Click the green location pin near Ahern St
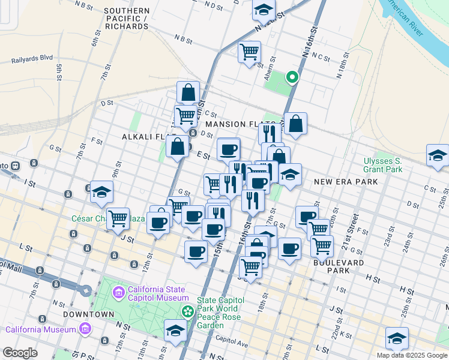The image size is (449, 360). coord(292,77)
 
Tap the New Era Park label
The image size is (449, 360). coord(346,181)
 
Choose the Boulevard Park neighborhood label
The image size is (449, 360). coord(337,266)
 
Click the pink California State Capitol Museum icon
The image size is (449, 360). coord(118,293)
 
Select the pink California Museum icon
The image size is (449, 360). coord(85,329)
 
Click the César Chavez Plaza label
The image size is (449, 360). coord(108,218)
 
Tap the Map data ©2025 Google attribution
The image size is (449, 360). coord(412,355)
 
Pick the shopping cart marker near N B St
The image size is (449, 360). coord(249,51)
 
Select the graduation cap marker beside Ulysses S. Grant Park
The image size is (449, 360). coord(437,155)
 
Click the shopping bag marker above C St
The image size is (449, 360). coord(188,93)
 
